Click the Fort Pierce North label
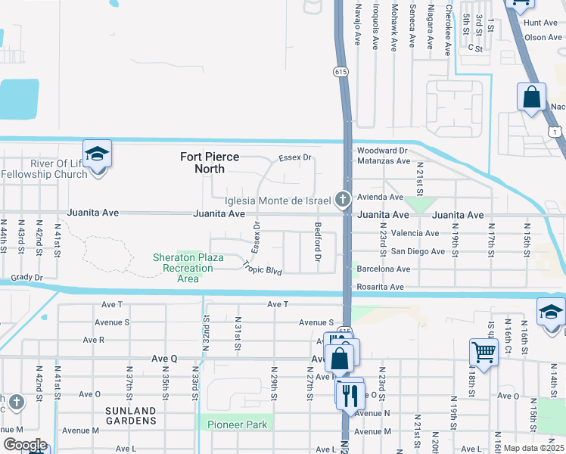210,163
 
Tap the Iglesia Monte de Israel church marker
343,201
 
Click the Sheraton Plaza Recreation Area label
188,268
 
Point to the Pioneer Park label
238,424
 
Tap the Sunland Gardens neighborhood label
130,416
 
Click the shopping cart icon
484,351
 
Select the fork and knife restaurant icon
350,393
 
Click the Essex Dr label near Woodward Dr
295,157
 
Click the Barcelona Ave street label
384,269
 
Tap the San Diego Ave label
418,251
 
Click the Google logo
24,445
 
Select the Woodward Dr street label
383,151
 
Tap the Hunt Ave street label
542,24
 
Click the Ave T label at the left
110,304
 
